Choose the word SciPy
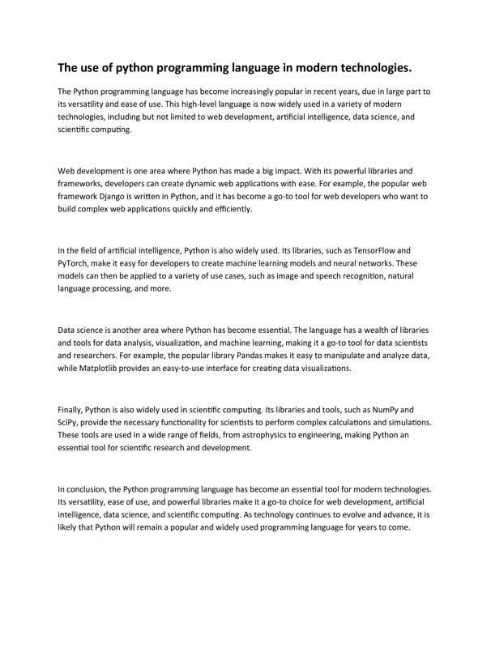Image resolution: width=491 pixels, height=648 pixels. (x=70, y=423)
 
